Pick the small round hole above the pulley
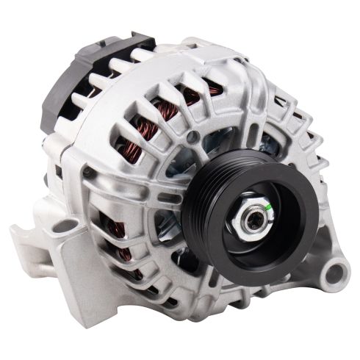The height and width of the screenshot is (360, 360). pos(192,137)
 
